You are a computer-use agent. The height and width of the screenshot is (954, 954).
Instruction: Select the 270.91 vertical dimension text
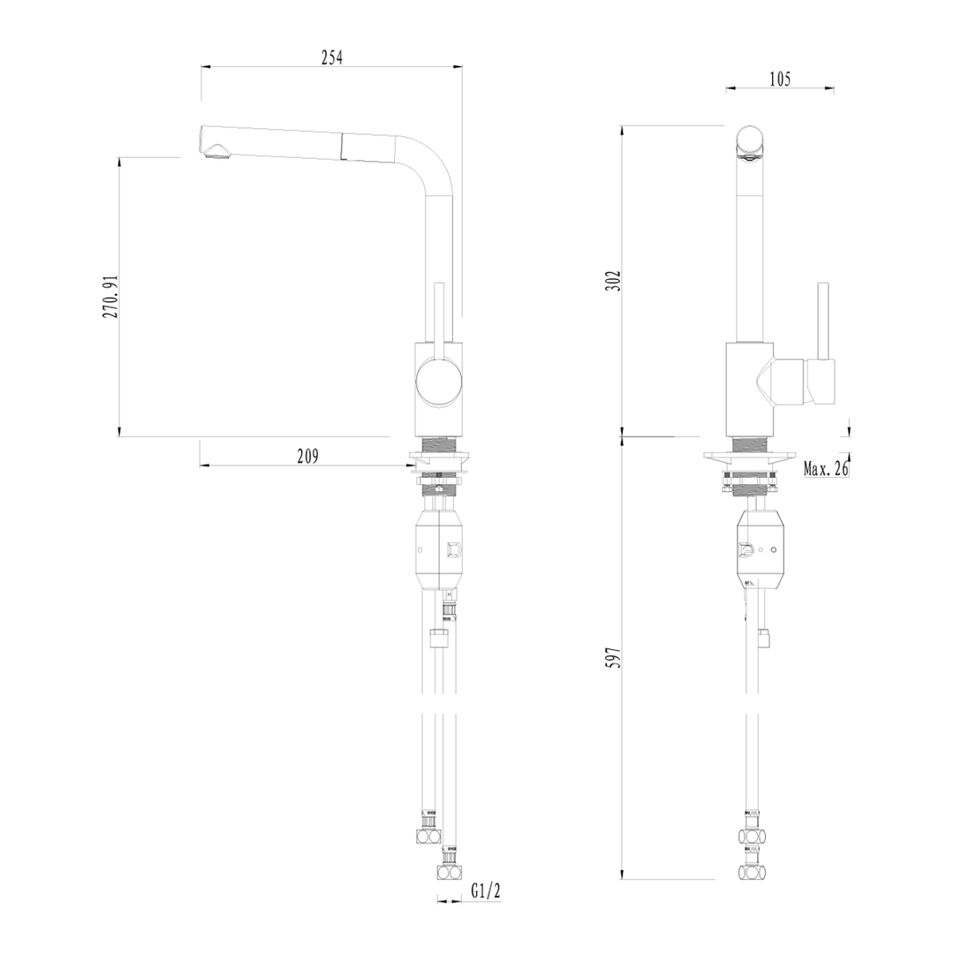(x=110, y=296)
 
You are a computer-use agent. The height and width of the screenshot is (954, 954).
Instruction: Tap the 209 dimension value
(x=307, y=456)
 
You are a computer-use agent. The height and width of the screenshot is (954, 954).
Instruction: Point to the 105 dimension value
(x=779, y=79)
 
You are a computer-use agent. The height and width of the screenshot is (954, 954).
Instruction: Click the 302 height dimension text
(x=614, y=282)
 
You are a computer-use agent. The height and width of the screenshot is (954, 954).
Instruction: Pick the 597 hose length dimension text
(x=614, y=658)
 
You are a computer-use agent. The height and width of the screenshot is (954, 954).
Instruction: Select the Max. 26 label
(x=825, y=468)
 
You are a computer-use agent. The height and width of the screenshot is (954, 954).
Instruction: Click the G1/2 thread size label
(x=486, y=890)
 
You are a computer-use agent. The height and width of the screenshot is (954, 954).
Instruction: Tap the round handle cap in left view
(x=438, y=382)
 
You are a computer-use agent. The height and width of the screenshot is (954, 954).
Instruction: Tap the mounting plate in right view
(x=750, y=458)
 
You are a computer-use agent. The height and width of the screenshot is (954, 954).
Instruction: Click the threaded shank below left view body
(x=438, y=445)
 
